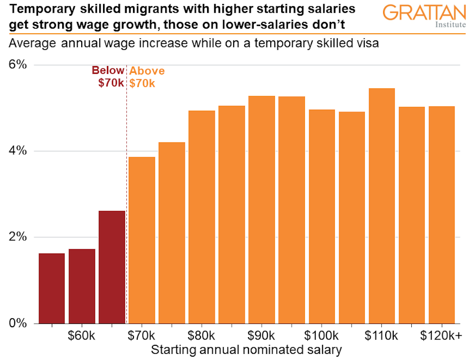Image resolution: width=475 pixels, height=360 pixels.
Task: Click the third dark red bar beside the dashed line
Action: pos(112,267)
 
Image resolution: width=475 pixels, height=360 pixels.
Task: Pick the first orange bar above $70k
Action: pos(142,240)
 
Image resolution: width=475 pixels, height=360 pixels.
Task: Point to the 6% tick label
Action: pos(18,65)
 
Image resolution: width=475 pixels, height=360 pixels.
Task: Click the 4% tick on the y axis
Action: pos(18,151)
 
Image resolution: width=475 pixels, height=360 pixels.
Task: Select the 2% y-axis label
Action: pos(18,237)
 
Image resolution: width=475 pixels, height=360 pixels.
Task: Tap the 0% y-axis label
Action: pos(18,323)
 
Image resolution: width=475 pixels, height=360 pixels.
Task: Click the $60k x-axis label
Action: pos(81,336)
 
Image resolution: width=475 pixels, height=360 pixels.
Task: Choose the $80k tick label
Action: pos(202,336)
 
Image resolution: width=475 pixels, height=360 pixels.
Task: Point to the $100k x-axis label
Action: pos(322,336)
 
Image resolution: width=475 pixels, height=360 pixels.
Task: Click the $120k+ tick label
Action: pos(441,336)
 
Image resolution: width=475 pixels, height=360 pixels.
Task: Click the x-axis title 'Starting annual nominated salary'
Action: pos(246,350)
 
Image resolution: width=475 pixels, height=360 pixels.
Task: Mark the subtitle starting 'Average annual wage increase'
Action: pos(193,44)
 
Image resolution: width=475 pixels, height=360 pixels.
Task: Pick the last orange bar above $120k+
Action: pos(441,215)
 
